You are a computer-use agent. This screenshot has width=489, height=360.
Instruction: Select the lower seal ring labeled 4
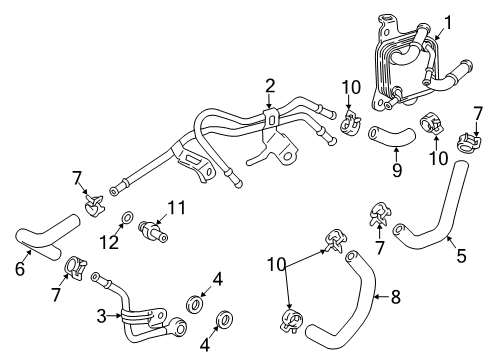tap(225, 321)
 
